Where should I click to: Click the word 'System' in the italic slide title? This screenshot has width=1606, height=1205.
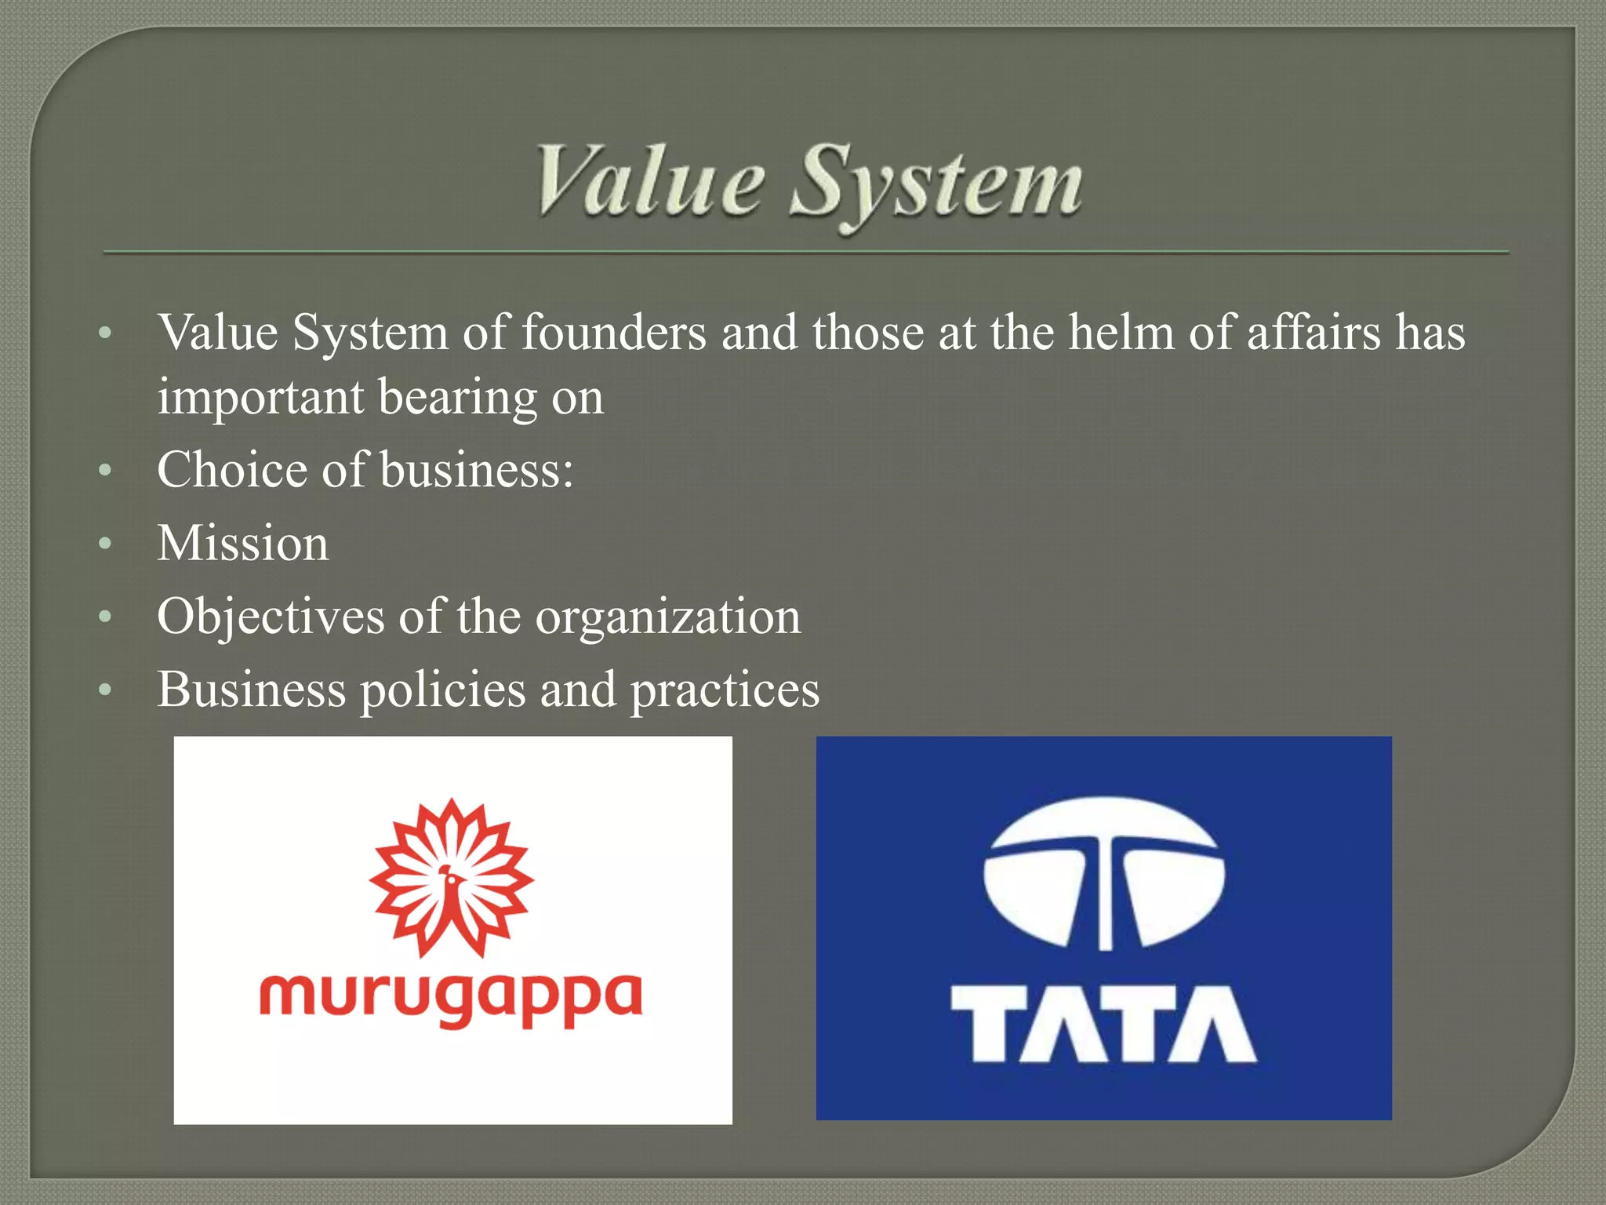pyautogui.click(x=937, y=184)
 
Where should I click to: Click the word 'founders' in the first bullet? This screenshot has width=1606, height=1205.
pyautogui.click(x=614, y=333)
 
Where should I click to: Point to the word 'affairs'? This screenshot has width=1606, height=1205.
pyautogui.click(x=1314, y=333)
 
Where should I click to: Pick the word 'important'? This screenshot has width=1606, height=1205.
pyautogui.click(x=260, y=399)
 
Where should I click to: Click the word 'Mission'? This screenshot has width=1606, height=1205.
pyautogui.click(x=243, y=543)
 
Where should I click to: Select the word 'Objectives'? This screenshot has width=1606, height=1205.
pyautogui.click(x=271, y=617)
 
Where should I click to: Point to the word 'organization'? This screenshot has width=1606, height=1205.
pyautogui.click(x=668, y=617)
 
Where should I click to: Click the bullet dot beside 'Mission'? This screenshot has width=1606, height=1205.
pyautogui.click(x=106, y=544)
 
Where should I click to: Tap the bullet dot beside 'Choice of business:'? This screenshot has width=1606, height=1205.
pyautogui.click(x=106, y=471)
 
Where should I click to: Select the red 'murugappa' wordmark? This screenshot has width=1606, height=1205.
pyautogui.click(x=451, y=998)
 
